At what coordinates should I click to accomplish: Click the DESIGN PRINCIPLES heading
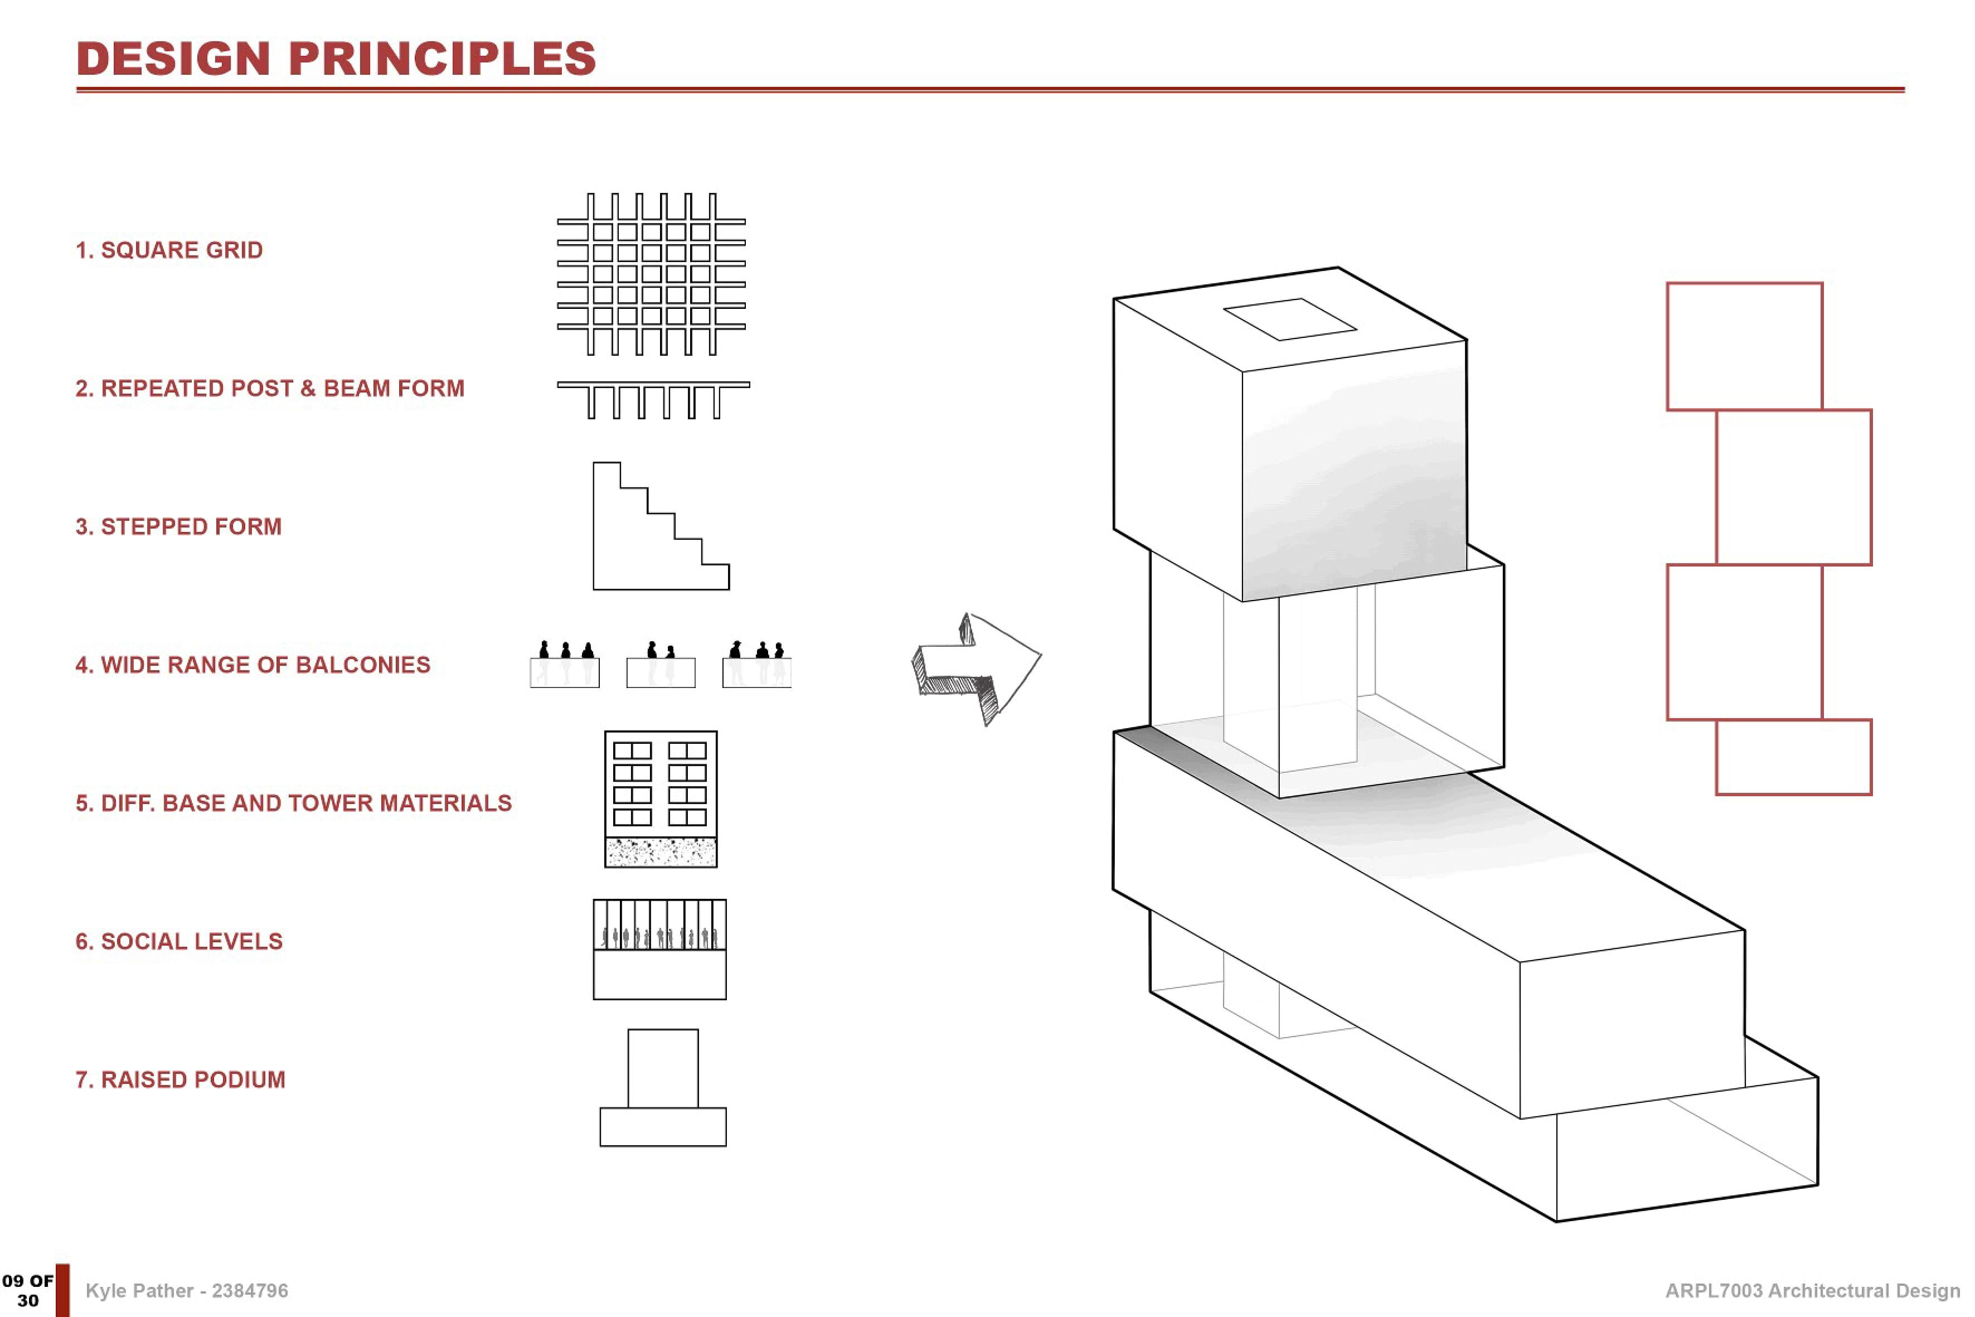[336, 59]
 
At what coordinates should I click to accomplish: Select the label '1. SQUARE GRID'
[169, 250]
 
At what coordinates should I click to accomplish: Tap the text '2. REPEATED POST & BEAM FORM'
[270, 388]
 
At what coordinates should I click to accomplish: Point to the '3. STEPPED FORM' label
[178, 526]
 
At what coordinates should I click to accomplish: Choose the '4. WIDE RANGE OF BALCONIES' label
[253, 665]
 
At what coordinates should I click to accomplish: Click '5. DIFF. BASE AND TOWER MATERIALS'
[293, 803]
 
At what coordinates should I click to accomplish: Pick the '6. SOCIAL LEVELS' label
[179, 942]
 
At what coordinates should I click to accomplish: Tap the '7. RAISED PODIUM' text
[181, 1079]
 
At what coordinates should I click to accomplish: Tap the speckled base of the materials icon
[661, 853]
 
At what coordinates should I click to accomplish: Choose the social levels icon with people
[660, 949]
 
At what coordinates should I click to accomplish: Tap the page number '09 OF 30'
[28, 1291]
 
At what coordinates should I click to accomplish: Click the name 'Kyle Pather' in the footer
[139, 1291]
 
